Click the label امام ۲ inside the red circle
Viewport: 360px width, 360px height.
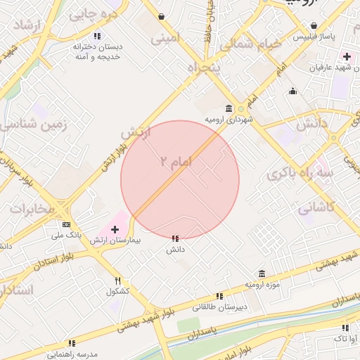click(x=175, y=162)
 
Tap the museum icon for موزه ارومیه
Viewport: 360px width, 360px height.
click(x=262, y=274)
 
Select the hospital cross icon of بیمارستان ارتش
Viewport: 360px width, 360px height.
click(x=115, y=229)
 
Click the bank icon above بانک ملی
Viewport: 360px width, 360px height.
click(x=66, y=224)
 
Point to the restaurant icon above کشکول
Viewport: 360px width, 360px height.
click(x=117, y=281)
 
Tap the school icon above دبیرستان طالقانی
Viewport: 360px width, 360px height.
click(x=219, y=296)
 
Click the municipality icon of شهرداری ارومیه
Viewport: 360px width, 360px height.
click(x=229, y=108)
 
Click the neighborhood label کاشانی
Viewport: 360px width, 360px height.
click(x=316, y=208)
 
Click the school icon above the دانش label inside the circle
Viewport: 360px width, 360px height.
click(x=175, y=239)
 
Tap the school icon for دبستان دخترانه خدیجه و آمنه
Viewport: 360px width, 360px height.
click(x=97, y=35)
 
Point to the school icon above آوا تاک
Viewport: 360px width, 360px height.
click(x=345, y=328)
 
